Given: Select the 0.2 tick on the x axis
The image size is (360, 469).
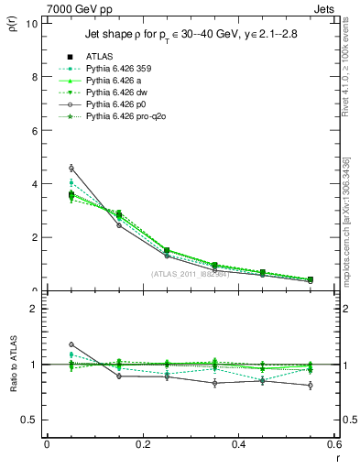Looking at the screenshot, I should pyautogui.click(x=143, y=444).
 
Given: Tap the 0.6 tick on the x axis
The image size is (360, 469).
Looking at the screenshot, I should pyautogui.click(x=334, y=444).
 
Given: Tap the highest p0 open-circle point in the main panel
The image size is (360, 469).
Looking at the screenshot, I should pyautogui.click(x=71, y=168).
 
